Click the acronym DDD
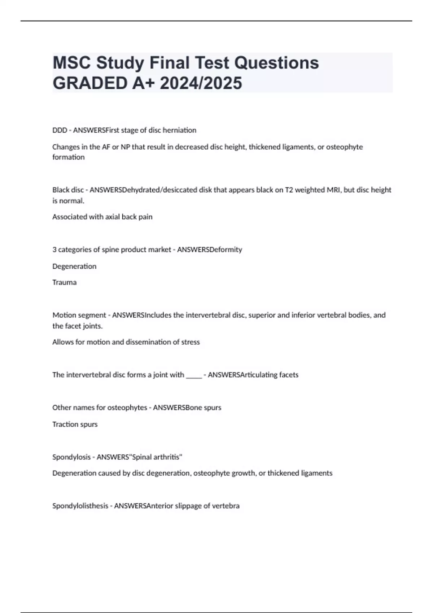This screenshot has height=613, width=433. tap(60, 130)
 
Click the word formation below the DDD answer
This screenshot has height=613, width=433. tap(69, 157)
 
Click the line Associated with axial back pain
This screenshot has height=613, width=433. tap(102, 217)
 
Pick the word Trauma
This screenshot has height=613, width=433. tap(65, 282)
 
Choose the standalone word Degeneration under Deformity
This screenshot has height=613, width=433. tap(74, 266)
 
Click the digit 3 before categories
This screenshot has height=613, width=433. tap(54, 250)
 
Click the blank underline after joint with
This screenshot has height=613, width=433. tap(194, 375)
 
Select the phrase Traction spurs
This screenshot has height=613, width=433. tap(75, 424)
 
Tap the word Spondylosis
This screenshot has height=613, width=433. tap(71, 457)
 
